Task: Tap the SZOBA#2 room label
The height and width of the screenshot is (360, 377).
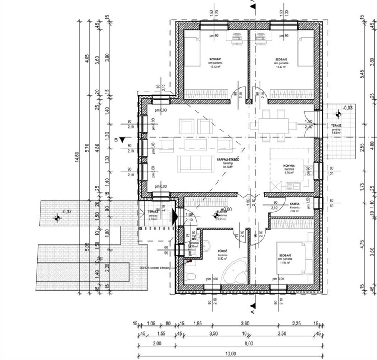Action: click(281, 59)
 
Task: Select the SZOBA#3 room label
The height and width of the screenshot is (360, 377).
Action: click(285, 255)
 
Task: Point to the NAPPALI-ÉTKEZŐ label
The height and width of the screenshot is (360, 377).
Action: click(228, 159)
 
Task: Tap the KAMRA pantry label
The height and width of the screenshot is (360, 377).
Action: click(295, 204)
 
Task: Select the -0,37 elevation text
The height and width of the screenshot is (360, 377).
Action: click(67, 212)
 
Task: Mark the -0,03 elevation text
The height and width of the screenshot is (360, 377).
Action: click(348, 108)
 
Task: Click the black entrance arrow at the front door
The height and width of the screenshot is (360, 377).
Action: click(175, 217)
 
